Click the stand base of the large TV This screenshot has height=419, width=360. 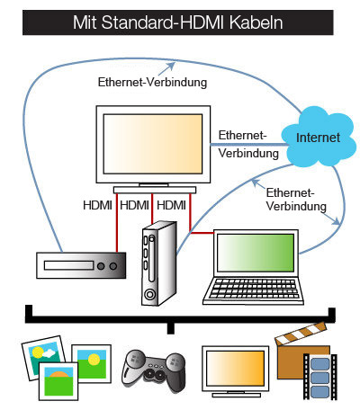coord(153,190)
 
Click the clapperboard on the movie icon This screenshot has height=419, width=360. coord(298,344)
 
